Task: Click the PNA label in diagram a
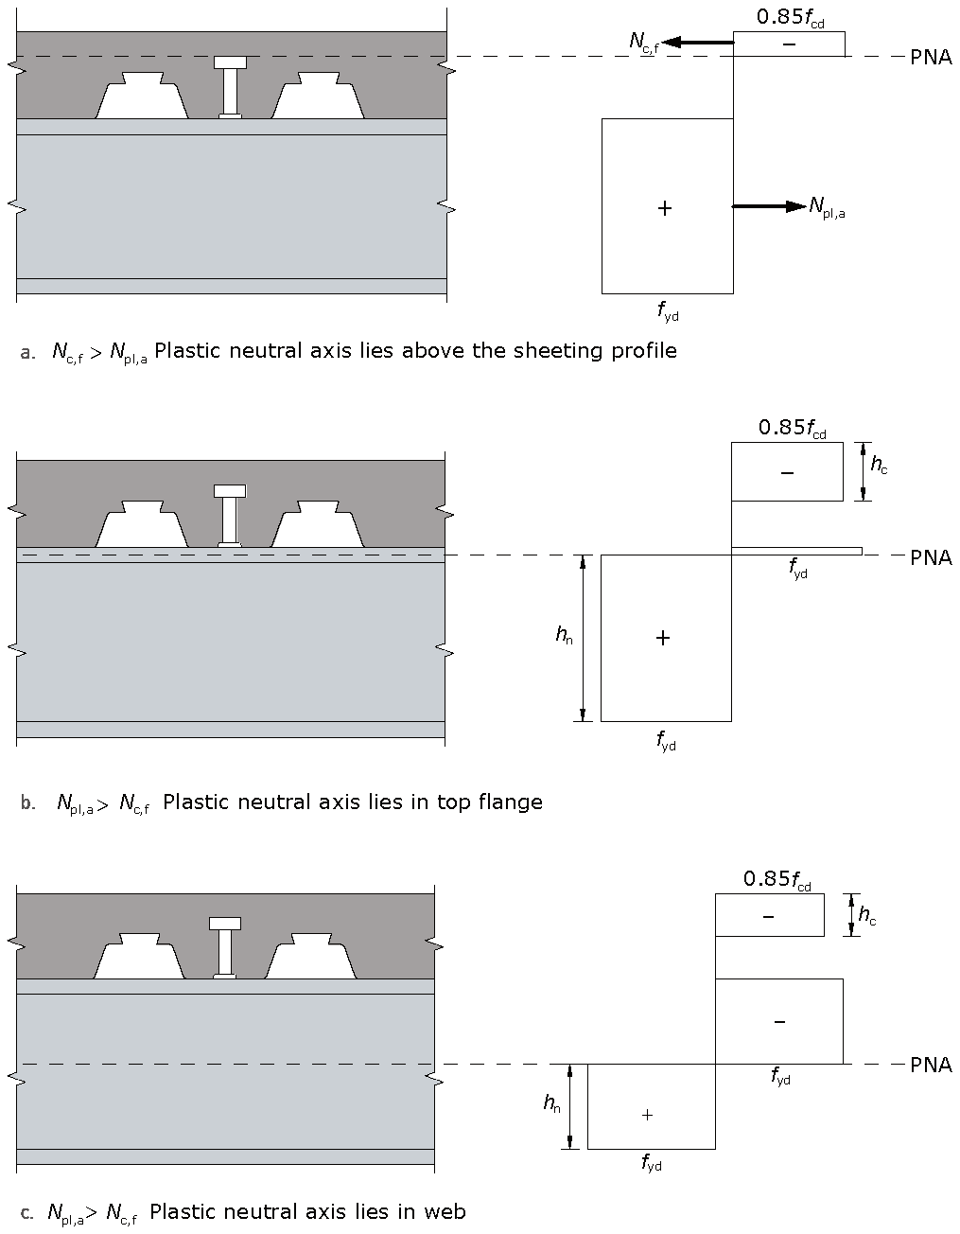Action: click(x=931, y=57)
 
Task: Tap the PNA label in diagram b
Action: click(x=931, y=556)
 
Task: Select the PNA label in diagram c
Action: click(x=931, y=1065)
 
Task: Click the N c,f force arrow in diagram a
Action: click(x=698, y=43)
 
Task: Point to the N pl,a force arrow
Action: click(x=769, y=206)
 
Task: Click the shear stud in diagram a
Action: click(x=230, y=87)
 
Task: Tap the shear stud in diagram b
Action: click(x=230, y=516)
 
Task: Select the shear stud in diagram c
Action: click(x=225, y=947)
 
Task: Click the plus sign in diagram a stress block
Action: click(x=665, y=208)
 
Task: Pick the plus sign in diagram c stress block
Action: click(x=647, y=1115)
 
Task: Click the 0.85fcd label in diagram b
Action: click(x=792, y=428)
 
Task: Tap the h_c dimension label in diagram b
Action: click(x=879, y=464)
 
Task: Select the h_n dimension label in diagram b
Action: click(x=564, y=636)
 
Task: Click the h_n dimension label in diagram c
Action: click(x=551, y=1103)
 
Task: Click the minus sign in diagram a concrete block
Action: click(x=789, y=44)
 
